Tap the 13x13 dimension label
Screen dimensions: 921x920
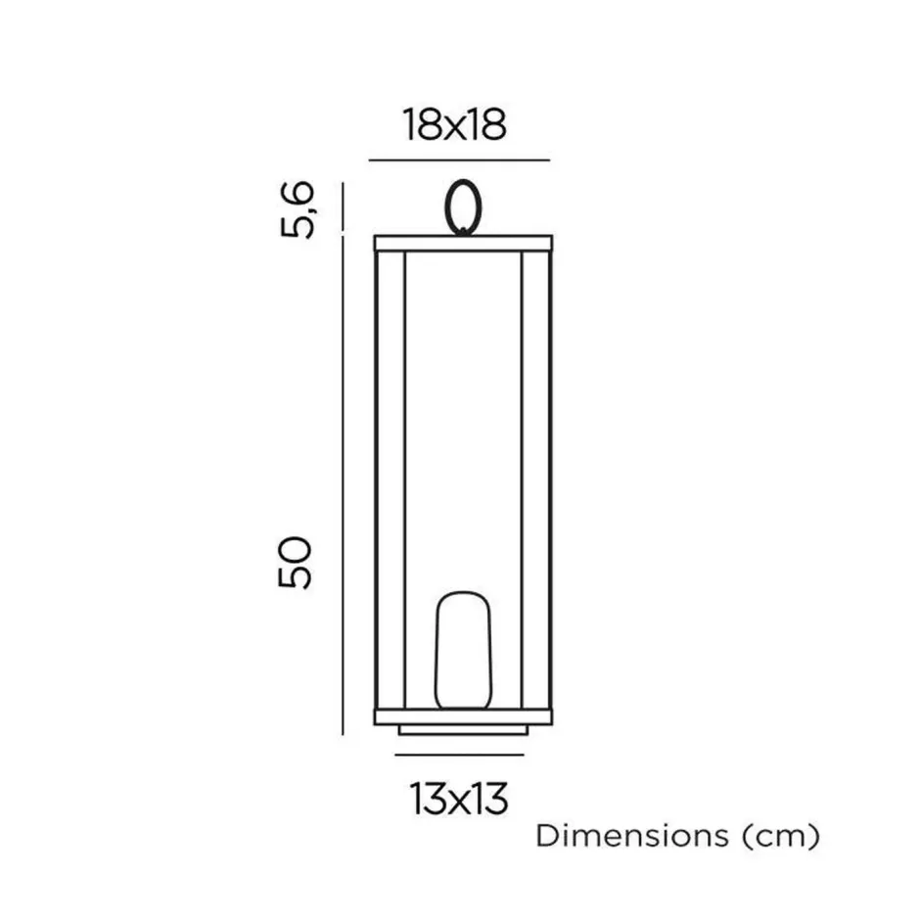[459, 799]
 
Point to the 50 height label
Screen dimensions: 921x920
[295, 562]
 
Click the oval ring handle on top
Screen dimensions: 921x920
[462, 207]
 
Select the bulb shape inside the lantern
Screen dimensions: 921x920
[463, 650]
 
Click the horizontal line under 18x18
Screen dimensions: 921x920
[458, 160]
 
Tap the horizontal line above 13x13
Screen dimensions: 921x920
[460, 755]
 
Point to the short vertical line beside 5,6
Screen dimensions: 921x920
[343, 207]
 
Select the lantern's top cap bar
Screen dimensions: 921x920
[463, 243]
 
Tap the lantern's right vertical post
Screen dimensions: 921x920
[535, 480]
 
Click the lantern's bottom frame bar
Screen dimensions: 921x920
[463, 716]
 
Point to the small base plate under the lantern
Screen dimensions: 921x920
[463, 730]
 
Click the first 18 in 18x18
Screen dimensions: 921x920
[421, 124]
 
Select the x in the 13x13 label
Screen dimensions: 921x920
[459, 801]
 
